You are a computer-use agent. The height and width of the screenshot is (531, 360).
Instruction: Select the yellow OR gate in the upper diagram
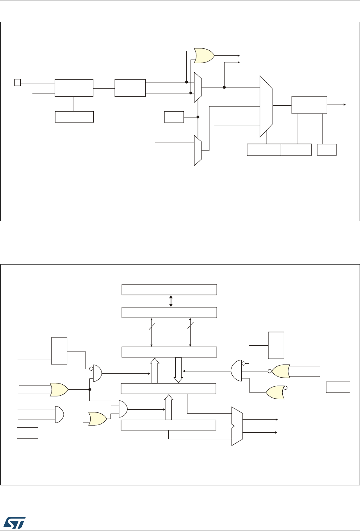(x=204, y=56)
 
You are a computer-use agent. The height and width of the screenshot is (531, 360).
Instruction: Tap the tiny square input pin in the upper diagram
(x=17, y=82)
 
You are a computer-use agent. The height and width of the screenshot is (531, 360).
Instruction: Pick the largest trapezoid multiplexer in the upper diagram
(x=266, y=107)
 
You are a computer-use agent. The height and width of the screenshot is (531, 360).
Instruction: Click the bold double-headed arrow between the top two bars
(x=171, y=301)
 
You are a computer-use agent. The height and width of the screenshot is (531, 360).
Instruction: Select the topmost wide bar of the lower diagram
(x=169, y=290)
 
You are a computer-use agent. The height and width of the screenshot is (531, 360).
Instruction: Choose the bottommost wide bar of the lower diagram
(x=168, y=425)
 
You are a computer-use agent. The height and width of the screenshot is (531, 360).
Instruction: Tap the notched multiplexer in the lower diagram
(x=237, y=426)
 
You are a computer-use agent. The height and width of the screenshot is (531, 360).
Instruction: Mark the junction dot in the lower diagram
(x=90, y=389)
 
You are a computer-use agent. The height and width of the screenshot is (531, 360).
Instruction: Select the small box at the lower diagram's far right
(x=338, y=387)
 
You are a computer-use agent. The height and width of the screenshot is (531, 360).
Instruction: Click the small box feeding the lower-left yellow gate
(x=27, y=433)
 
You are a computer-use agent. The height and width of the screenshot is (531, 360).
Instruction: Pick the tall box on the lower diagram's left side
(x=59, y=350)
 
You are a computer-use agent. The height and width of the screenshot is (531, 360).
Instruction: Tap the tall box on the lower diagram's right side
(x=276, y=345)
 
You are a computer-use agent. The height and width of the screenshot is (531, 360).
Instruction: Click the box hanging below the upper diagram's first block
(x=74, y=117)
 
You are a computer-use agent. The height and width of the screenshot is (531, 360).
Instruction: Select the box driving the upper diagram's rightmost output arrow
(x=309, y=105)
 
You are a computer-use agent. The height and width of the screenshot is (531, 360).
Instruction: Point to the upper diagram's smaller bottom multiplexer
(x=198, y=150)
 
